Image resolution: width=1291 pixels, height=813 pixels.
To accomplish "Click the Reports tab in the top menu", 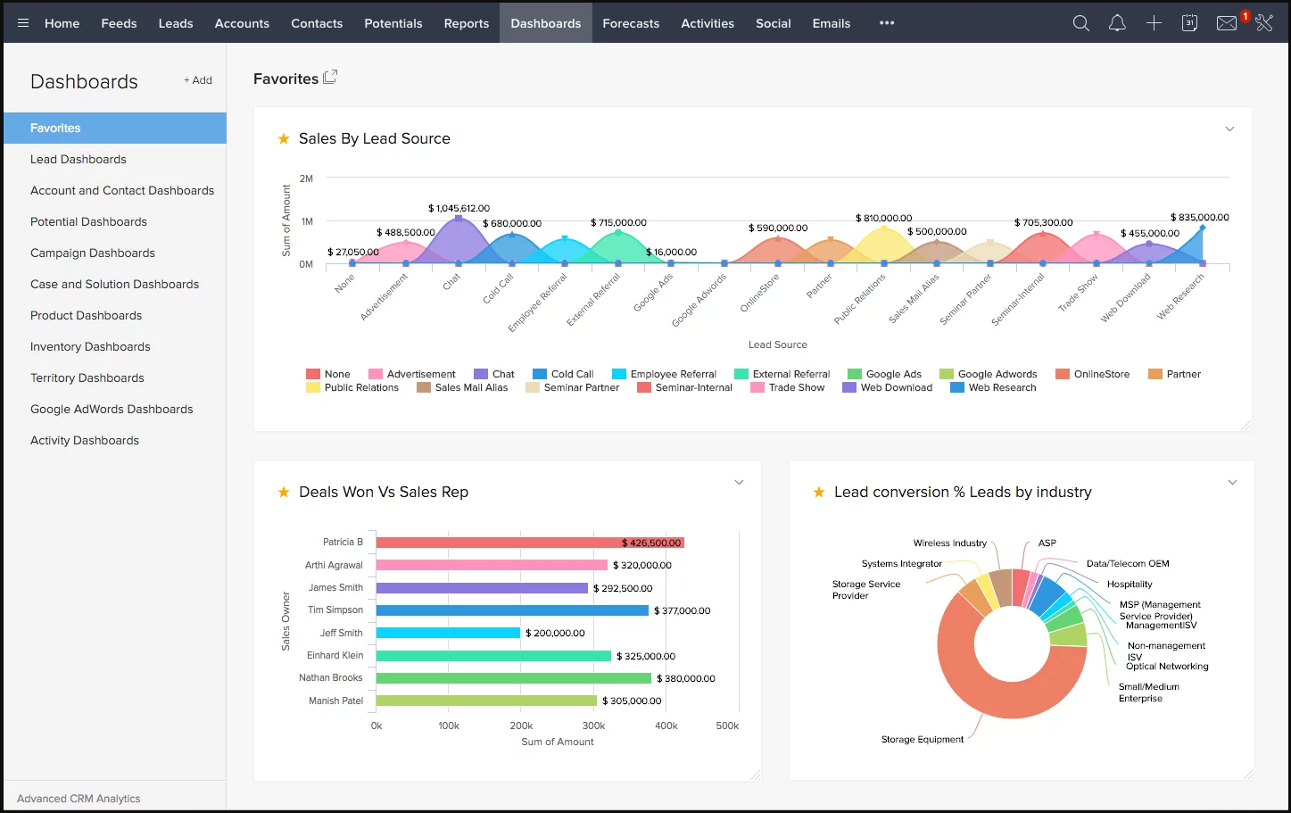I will (466, 23).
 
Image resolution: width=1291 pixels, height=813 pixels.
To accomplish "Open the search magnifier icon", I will (1080, 23).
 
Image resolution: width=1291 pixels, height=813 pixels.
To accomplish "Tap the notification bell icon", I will (1117, 23).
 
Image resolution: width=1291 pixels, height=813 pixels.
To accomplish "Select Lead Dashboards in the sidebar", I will (79, 159).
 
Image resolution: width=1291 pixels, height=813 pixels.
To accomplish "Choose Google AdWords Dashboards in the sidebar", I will (112, 409).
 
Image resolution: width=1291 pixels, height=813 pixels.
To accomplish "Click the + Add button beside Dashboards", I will (198, 80).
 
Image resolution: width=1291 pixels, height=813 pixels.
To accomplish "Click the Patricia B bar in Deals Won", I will (530, 543).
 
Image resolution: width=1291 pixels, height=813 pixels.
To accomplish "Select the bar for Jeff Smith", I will (448, 633).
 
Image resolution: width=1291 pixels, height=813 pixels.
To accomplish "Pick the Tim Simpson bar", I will (512, 610).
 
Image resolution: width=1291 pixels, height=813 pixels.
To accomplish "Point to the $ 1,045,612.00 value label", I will (459, 208).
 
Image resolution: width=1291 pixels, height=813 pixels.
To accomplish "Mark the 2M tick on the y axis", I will (306, 178).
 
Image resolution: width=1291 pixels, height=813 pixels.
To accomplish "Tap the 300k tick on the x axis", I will (593, 726).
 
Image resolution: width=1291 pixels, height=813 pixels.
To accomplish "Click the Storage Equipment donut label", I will (922, 739).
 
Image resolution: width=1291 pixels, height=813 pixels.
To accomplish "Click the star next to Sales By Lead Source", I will (284, 138).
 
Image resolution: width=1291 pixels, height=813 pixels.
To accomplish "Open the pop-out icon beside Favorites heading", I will (330, 78).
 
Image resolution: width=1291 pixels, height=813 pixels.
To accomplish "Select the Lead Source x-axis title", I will (777, 344).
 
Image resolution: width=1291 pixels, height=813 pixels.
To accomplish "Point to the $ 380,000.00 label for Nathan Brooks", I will (685, 678).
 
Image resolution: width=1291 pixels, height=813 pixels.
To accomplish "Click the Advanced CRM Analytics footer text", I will (79, 799).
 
